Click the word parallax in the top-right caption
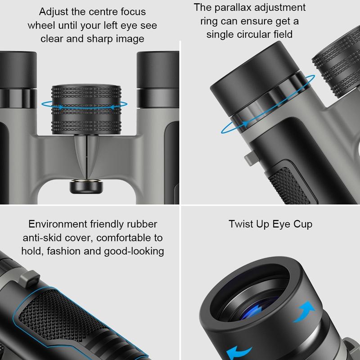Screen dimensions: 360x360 click(x=232, y=8)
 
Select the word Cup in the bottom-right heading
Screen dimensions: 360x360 click(x=301, y=224)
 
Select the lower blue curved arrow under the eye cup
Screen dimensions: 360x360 click(x=238, y=350)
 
